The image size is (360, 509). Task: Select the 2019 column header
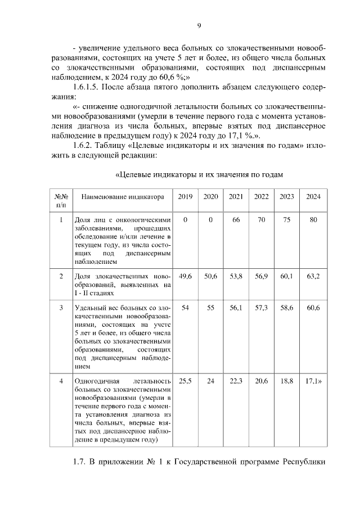click(185, 197)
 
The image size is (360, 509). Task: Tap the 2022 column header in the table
click(261, 197)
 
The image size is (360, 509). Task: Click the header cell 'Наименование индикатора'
click(123, 197)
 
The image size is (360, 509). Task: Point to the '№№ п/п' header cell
click(61, 201)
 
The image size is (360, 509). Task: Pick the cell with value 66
click(236, 219)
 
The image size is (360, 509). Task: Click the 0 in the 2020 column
click(210, 219)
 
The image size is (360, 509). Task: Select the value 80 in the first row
click(313, 219)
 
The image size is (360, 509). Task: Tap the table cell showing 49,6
click(185, 276)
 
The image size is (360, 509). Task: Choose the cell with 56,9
click(261, 276)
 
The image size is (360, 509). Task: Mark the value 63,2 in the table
click(313, 276)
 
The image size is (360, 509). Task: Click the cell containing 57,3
click(261, 309)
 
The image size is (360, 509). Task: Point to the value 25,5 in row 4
click(185, 381)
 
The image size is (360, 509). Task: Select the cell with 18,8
click(286, 381)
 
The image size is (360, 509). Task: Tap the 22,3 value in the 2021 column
click(236, 381)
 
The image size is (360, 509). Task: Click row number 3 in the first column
click(61, 309)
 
